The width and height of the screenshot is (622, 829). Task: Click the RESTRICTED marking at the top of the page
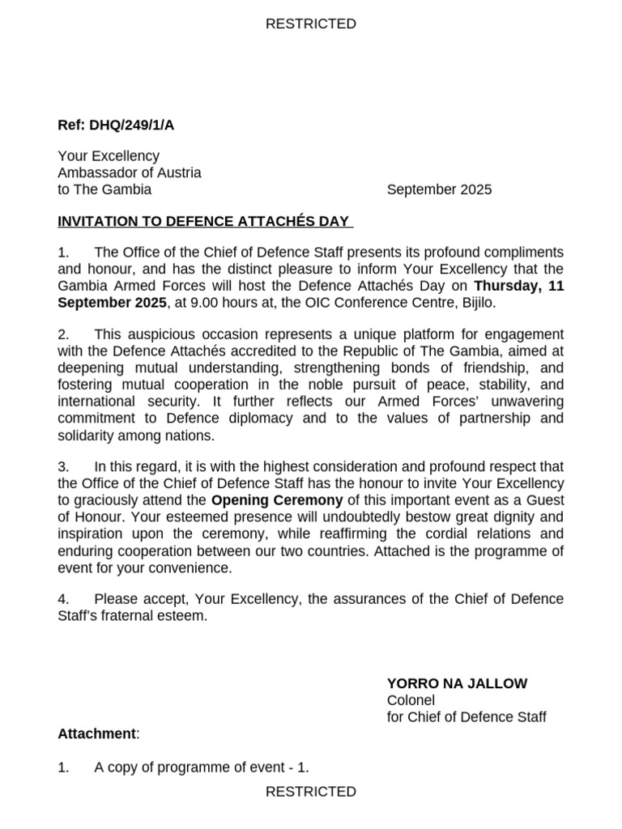[x=311, y=24]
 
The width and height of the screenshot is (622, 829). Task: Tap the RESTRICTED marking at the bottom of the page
[x=311, y=792]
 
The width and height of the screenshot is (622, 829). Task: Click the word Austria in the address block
[x=178, y=172]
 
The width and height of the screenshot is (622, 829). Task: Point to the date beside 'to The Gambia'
[x=439, y=190]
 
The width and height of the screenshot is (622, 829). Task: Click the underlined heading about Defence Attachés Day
[x=206, y=222]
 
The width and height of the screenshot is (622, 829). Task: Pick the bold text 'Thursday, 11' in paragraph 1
[x=518, y=286]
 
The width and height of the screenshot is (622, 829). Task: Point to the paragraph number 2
[x=63, y=335]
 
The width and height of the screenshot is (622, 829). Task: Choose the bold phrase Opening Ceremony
[x=277, y=500]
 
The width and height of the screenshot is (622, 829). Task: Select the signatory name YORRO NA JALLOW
[x=457, y=683]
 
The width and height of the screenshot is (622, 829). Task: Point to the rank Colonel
[x=411, y=700]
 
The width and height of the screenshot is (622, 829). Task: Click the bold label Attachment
[x=96, y=733]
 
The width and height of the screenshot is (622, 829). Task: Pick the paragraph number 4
[x=63, y=599]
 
